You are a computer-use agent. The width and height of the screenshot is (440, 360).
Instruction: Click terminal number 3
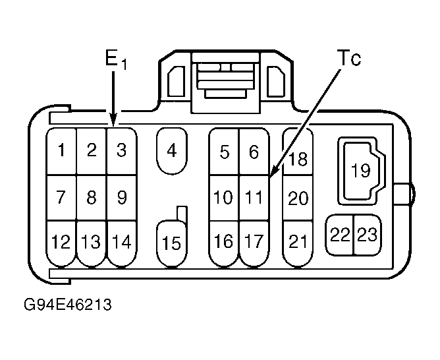(x=121, y=151)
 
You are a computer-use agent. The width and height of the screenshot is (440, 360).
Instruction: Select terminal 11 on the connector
(x=254, y=198)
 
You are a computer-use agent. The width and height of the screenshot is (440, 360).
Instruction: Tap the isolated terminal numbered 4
(x=172, y=151)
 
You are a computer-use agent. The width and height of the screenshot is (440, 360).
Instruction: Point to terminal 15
(x=172, y=243)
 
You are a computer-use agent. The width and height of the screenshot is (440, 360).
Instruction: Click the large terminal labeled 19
(x=361, y=171)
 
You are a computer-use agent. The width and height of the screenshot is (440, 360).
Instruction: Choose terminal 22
(x=340, y=235)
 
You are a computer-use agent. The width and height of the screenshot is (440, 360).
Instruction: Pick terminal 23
(x=368, y=235)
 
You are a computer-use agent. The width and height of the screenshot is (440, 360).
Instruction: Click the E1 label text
(x=116, y=60)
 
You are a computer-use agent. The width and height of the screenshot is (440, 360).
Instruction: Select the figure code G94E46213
(x=68, y=305)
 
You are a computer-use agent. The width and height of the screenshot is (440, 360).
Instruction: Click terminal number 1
(x=61, y=151)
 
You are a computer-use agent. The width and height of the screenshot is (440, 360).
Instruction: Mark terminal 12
(x=61, y=243)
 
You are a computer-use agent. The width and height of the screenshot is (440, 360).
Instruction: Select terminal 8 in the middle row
(x=92, y=198)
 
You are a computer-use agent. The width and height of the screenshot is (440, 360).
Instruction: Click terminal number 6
(x=254, y=152)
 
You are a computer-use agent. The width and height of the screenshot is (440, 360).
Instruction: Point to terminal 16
(x=224, y=243)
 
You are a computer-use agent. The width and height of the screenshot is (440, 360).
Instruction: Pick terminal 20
(x=298, y=198)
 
